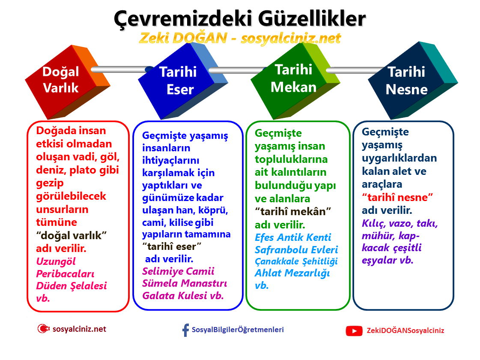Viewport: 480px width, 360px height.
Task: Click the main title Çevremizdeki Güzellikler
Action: pyautogui.click(x=240, y=18)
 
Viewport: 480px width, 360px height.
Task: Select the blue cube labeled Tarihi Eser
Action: pyautogui.click(x=176, y=81)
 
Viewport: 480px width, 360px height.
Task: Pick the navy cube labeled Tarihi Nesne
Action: pyautogui.click(x=406, y=81)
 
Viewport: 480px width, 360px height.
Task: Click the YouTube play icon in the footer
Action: pyautogui.click(x=354, y=330)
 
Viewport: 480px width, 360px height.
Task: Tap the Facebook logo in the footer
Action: pyautogui.click(x=185, y=330)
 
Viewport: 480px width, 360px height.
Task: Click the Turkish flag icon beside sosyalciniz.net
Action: pyautogui.click(x=43, y=329)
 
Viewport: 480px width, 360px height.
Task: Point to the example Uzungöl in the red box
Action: pyautogui.click(x=56, y=261)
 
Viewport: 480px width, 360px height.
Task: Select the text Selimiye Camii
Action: pyautogui.click(x=178, y=271)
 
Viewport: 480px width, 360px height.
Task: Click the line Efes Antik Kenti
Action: pyautogui.click(x=293, y=237)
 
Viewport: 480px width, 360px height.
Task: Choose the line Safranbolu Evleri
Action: pyautogui.click(x=296, y=249)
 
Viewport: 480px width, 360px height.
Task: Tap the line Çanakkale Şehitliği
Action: pyautogui.click(x=296, y=261)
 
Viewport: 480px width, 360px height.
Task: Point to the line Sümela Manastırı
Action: pyautogui.click(x=185, y=283)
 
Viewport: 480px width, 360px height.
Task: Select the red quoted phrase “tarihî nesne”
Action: pyautogui.click(x=398, y=197)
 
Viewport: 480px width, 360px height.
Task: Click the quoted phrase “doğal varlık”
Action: pyautogui.click(x=71, y=235)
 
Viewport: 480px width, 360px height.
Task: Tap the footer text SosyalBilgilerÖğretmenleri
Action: pyautogui.click(x=238, y=330)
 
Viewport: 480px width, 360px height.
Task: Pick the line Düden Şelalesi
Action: pyautogui.click(x=72, y=285)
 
